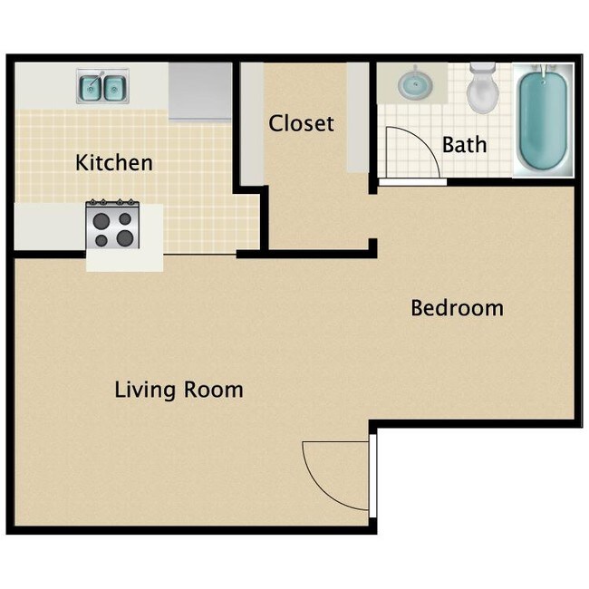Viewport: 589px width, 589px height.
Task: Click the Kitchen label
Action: tap(113, 163)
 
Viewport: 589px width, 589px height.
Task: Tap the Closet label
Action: tap(301, 123)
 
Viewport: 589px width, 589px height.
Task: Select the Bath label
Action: tap(464, 144)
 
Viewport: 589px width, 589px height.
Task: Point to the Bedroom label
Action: tap(457, 308)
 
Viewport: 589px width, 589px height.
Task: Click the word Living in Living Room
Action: tap(144, 391)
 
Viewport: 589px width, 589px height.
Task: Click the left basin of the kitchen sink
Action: tap(92, 88)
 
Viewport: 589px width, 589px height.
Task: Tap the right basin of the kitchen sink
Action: tap(113, 88)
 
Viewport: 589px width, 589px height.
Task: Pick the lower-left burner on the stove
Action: tap(101, 239)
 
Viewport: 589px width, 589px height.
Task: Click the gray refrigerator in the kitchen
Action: tap(200, 92)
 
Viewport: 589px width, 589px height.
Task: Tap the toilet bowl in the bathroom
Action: tap(481, 96)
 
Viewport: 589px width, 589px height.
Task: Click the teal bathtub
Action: tap(544, 121)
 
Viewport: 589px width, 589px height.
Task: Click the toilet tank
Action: tap(482, 69)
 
